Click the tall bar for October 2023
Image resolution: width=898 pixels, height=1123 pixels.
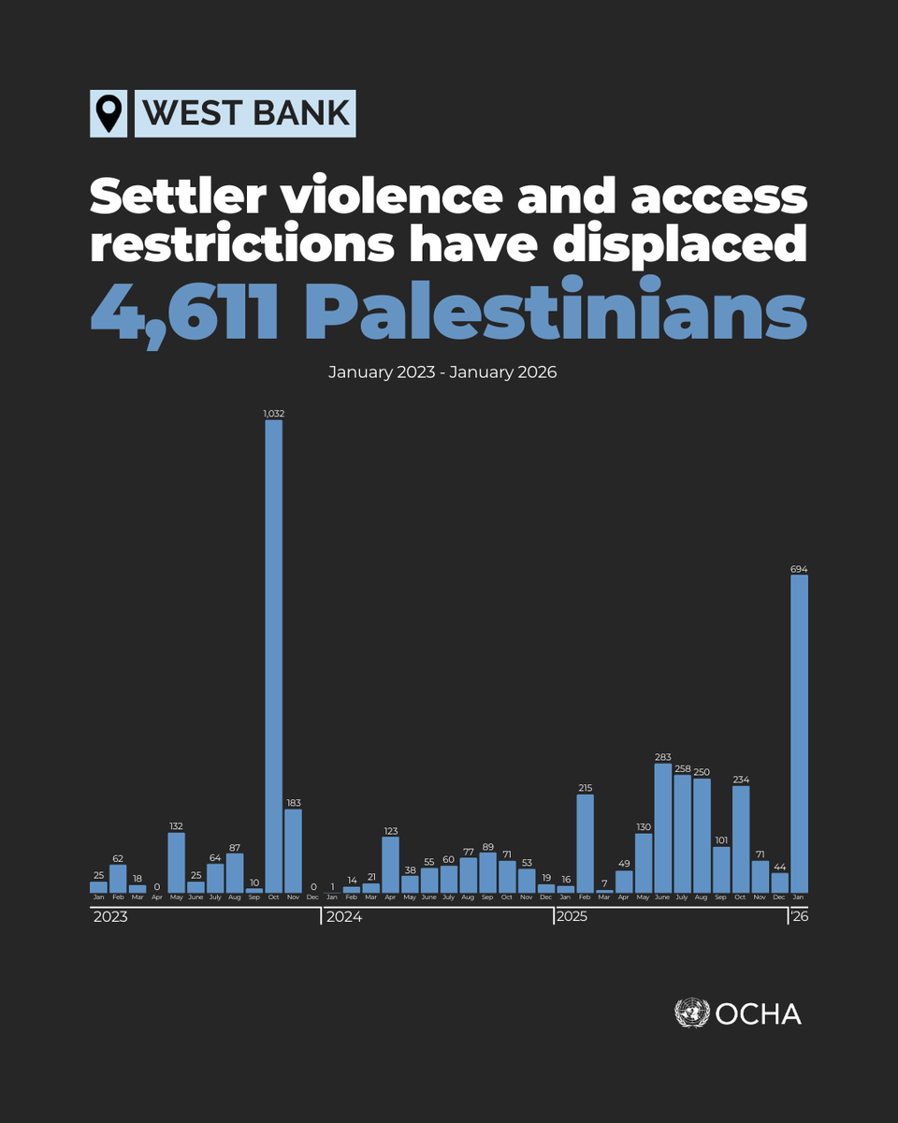point(273,655)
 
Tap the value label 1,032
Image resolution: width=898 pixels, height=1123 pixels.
point(273,412)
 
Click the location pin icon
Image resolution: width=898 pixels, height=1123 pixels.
point(110,114)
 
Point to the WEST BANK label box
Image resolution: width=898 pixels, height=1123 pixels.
point(245,114)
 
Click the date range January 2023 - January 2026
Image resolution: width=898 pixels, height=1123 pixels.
point(442,372)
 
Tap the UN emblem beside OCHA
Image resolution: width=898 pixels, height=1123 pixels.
point(691,1014)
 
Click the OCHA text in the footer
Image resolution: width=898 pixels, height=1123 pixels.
point(759,1014)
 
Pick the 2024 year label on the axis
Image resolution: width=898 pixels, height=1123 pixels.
point(343,917)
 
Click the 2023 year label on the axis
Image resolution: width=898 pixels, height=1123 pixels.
point(110,917)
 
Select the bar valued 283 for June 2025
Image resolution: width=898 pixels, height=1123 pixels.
point(662,828)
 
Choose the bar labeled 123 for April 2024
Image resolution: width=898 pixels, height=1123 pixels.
point(390,865)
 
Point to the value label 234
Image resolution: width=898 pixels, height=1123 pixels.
point(741,780)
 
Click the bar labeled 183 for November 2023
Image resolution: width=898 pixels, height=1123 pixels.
point(293,851)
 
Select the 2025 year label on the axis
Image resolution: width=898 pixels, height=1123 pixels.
point(572,917)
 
